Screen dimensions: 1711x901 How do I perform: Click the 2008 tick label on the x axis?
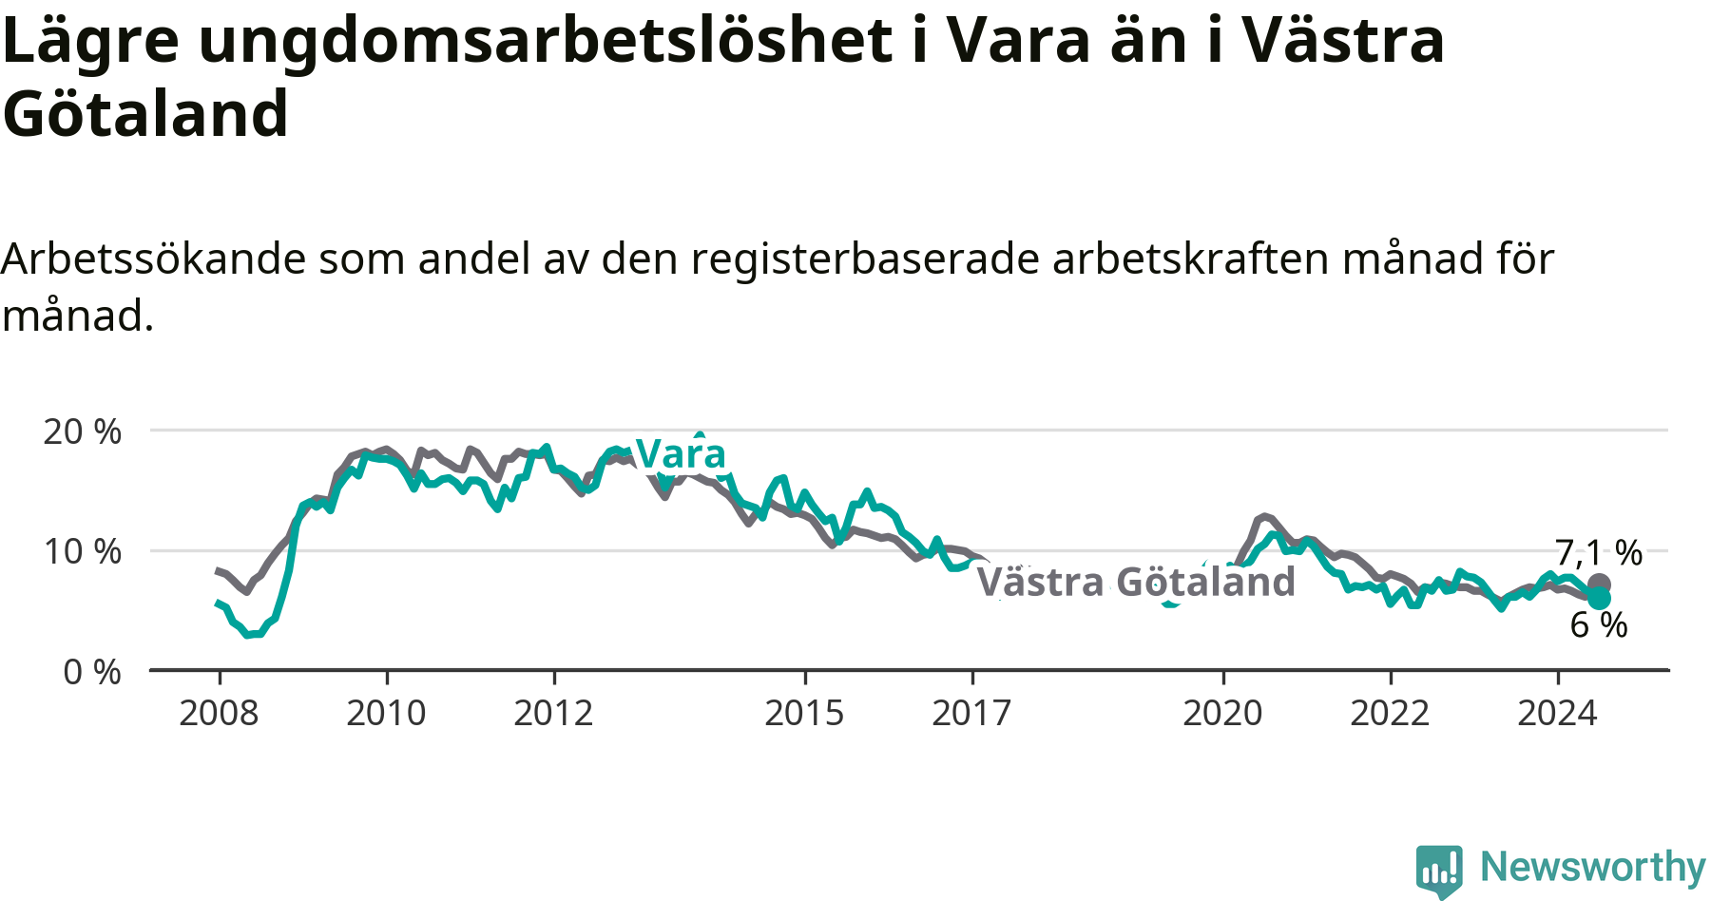219,713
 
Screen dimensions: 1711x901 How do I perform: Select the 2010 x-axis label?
386,713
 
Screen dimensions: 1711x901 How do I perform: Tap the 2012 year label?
553,713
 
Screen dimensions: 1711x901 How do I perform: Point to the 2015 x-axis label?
804,713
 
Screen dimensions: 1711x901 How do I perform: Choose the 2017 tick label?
971,713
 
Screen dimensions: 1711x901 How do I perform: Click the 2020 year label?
1222,713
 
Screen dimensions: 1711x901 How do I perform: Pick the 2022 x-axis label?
1390,713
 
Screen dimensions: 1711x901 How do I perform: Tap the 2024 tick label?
1557,713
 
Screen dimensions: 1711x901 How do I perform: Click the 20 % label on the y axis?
83,431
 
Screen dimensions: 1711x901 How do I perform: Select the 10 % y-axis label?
83,551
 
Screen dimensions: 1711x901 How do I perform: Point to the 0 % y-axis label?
92,672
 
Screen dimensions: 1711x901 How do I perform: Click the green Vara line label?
681,454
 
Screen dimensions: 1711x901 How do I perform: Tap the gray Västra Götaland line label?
1137,582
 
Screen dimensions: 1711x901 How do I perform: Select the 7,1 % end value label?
1599,552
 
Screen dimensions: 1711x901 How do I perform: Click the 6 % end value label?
1599,624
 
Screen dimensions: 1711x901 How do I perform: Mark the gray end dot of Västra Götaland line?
1599,585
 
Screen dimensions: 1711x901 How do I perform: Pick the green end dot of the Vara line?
1599,598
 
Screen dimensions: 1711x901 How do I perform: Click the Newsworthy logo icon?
1439,871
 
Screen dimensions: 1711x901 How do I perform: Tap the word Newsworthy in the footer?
1593,867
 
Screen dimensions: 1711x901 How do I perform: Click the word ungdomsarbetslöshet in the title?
546,41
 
